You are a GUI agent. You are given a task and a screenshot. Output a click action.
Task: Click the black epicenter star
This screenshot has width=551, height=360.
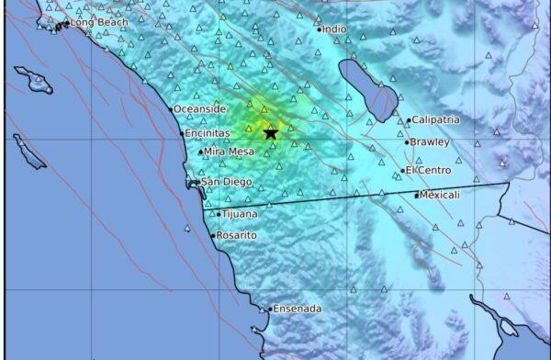[271, 133]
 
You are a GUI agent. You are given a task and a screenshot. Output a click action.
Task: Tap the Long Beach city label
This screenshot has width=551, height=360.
[95, 22]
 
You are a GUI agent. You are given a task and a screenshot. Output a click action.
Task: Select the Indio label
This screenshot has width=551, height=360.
[334, 29]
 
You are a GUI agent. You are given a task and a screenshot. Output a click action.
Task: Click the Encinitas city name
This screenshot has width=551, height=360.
[207, 133]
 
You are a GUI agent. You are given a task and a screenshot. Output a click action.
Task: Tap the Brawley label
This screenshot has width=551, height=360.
[431, 142]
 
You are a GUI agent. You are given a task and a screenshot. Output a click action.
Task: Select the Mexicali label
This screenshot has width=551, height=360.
[441, 195]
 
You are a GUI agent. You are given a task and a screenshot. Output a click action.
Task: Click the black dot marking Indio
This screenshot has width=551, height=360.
[319, 29]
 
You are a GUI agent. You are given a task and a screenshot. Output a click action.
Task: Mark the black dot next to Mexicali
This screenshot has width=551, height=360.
[417, 195]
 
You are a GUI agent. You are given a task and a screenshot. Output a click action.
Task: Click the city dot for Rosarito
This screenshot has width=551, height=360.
[214, 236]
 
